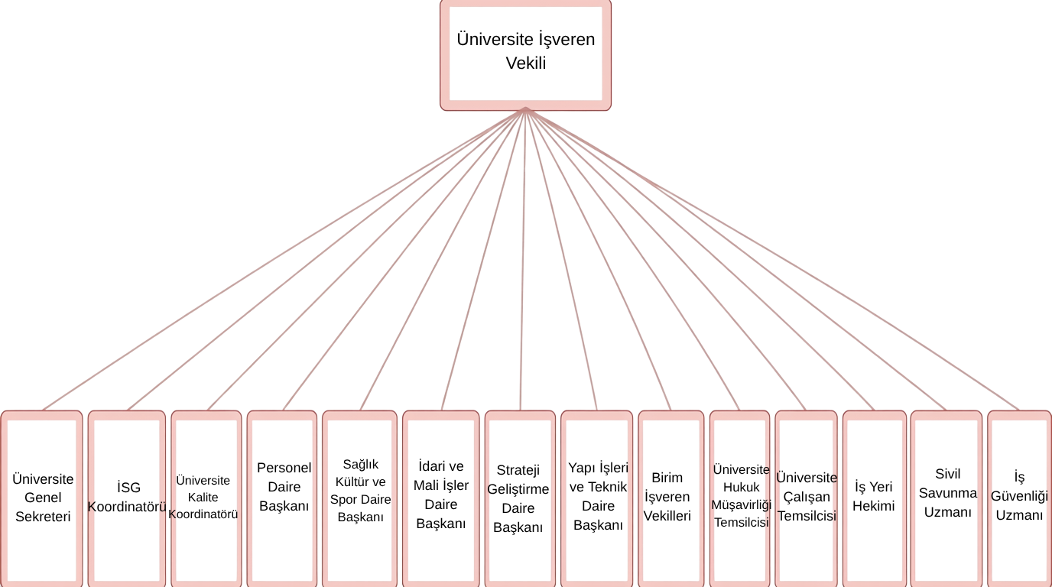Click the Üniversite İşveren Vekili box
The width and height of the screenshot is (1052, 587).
pyautogui.click(x=525, y=55)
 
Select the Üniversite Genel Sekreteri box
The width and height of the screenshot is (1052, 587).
pyautogui.click(x=42, y=498)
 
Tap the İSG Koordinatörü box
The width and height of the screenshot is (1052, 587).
pyautogui.click(x=127, y=498)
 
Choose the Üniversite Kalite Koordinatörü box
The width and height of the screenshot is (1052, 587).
pyautogui.click(x=206, y=498)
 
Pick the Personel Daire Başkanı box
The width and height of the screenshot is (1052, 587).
pyautogui.click(x=282, y=498)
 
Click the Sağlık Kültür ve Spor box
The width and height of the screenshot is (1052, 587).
pyautogui.click(x=360, y=498)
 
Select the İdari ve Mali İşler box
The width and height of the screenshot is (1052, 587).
pyautogui.click(x=441, y=498)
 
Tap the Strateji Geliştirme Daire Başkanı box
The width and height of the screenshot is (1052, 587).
pyautogui.click(x=520, y=498)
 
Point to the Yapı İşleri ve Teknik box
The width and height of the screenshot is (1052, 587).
pyautogui.click(x=597, y=498)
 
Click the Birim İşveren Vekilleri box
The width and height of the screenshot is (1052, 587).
pyautogui.click(x=671, y=498)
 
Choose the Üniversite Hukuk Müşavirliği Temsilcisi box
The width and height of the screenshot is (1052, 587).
pyautogui.click(x=740, y=498)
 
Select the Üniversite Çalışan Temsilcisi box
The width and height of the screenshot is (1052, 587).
pyautogui.click(x=807, y=498)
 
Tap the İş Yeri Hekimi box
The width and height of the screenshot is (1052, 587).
pyautogui.click(x=875, y=498)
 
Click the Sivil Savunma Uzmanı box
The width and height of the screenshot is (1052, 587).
pyautogui.click(x=946, y=498)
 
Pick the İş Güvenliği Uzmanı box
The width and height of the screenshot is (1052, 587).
pyautogui.click(x=1020, y=498)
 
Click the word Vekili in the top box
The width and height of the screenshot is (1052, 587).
pyautogui.click(x=525, y=63)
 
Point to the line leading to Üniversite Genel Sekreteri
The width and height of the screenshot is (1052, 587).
pyautogui.click(x=284, y=260)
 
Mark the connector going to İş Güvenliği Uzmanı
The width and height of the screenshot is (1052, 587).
pyautogui.click(x=772, y=260)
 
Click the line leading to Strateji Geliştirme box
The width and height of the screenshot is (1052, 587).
pyautogui.click(x=523, y=260)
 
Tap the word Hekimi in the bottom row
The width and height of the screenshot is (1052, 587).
pyautogui.click(x=874, y=506)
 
